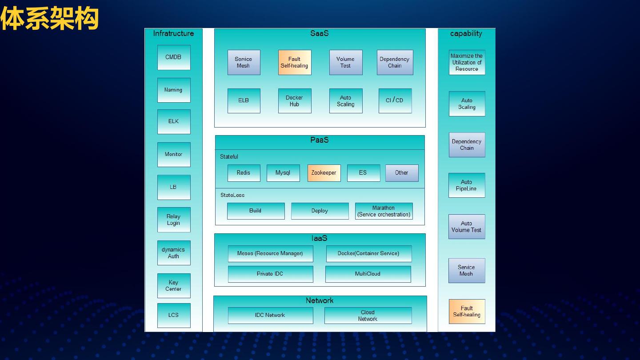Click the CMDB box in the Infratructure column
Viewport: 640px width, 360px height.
174,57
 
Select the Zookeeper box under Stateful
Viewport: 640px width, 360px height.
324,173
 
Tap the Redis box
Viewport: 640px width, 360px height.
244,173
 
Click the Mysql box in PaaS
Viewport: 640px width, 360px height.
283,173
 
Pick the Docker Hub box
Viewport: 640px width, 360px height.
295,101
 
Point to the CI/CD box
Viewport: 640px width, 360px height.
395,100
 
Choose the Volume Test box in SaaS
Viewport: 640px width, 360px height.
345,62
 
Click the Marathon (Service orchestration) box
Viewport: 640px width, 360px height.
384,211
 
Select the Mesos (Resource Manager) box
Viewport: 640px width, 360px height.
270,253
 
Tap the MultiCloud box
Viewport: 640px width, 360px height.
368,274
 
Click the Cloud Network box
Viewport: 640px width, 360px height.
368,316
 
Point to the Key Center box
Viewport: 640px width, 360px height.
174,285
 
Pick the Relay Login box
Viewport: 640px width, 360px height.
174,220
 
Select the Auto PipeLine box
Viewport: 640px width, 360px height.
466,185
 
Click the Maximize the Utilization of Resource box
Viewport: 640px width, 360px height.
467,62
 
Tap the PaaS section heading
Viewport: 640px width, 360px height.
320,140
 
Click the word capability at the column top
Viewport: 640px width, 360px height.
466,33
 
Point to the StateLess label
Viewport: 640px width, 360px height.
232,195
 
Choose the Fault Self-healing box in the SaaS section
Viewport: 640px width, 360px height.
295,62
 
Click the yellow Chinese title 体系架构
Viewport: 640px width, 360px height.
49,19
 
